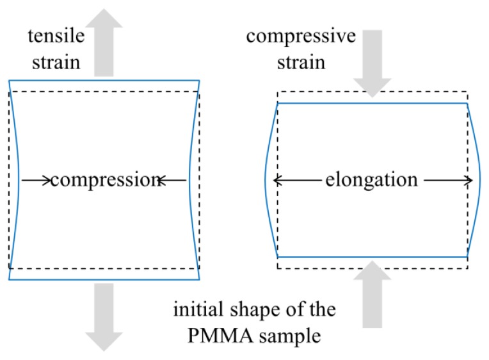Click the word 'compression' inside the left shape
click(104, 181)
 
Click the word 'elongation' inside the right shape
click(371, 181)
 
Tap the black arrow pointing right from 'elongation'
click(449, 181)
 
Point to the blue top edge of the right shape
click(372, 102)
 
